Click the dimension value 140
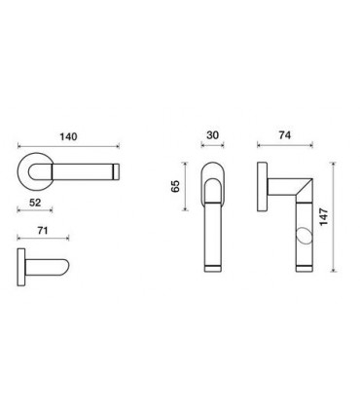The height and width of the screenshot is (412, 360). (x=68, y=136)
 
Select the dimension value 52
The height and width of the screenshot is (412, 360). (x=35, y=203)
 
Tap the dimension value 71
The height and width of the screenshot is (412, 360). (x=43, y=231)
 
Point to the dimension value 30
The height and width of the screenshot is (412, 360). (x=212, y=135)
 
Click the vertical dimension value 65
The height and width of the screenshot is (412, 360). (x=175, y=186)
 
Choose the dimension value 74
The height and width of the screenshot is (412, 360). (x=284, y=135)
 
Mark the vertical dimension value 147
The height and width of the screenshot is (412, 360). (x=324, y=217)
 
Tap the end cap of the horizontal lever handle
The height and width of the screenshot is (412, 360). (x=116, y=171)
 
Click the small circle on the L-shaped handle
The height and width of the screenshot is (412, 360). (x=304, y=236)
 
